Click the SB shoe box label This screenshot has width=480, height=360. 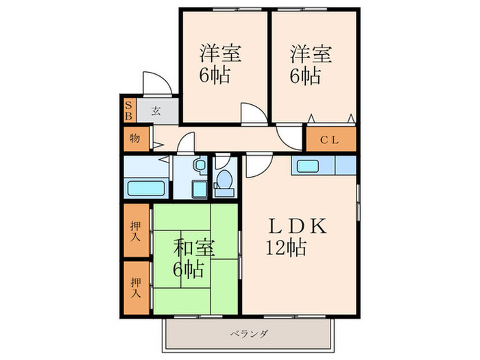tap(128, 110)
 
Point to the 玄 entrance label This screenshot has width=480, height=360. tap(156, 110)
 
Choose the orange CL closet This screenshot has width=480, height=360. tap(331, 140)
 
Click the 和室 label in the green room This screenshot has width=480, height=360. tap(191, 246)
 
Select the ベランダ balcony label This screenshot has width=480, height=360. tap(249, 334)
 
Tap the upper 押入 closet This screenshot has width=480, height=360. tap(136, 232)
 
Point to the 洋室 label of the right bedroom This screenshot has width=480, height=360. tap(311, 53)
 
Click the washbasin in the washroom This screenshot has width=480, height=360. tap(199, 165)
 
